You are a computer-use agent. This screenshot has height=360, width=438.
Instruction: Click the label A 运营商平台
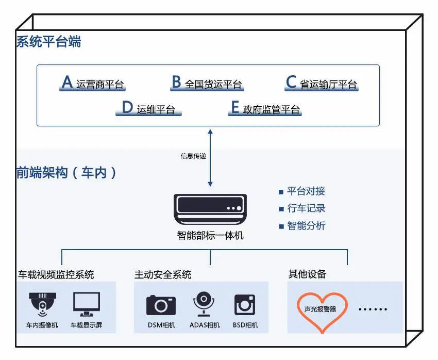point(93,84)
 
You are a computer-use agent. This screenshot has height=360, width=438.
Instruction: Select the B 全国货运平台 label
point(207,84)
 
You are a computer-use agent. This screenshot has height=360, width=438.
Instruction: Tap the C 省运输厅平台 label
point(322,84)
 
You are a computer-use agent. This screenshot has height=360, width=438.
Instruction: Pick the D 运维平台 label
point(148,109)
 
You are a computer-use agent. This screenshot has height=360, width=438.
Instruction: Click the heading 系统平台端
point(48,42)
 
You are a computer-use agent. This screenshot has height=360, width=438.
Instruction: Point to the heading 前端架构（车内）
point(66,173)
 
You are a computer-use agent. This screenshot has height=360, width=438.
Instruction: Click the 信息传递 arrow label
point(193,156)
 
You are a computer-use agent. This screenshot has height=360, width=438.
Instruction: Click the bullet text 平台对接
point(306,191)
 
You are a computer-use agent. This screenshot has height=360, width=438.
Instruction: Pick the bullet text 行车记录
point(306,208)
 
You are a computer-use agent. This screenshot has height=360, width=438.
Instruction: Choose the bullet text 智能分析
point(306,226)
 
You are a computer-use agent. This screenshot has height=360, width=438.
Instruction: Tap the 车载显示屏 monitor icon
point(86,304)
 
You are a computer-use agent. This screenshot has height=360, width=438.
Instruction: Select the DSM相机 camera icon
point(161,305)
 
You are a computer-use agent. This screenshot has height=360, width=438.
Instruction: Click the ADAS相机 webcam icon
point(204,304)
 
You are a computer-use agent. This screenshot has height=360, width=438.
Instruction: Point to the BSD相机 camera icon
point(245,305)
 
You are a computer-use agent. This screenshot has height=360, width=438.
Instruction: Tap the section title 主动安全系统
point(163,275)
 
